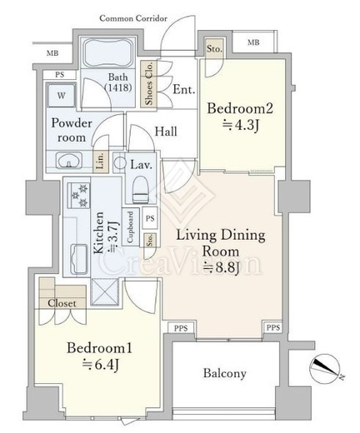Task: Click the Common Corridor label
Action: (133, 18)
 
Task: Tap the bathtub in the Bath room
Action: (108, 52)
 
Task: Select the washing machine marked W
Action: (61, 95)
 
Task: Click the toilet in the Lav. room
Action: (139, 190)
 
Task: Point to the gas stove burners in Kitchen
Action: (79, 195)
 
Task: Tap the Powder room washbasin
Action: (69, 160)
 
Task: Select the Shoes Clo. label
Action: (148, 83)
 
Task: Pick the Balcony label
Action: (225, 374)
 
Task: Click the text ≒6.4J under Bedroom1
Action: (101, 365)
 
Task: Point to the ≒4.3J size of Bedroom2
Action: (241, 126)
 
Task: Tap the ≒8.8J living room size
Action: (221, 267)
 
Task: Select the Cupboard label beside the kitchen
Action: (131, 227)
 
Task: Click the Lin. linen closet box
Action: (101, 162)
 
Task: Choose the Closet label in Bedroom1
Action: (62, 303)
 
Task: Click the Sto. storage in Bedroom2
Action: (214, 49)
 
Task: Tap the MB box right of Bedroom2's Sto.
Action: (253, 42)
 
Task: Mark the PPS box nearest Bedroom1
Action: (181, 328)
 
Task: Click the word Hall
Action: (166, 132)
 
